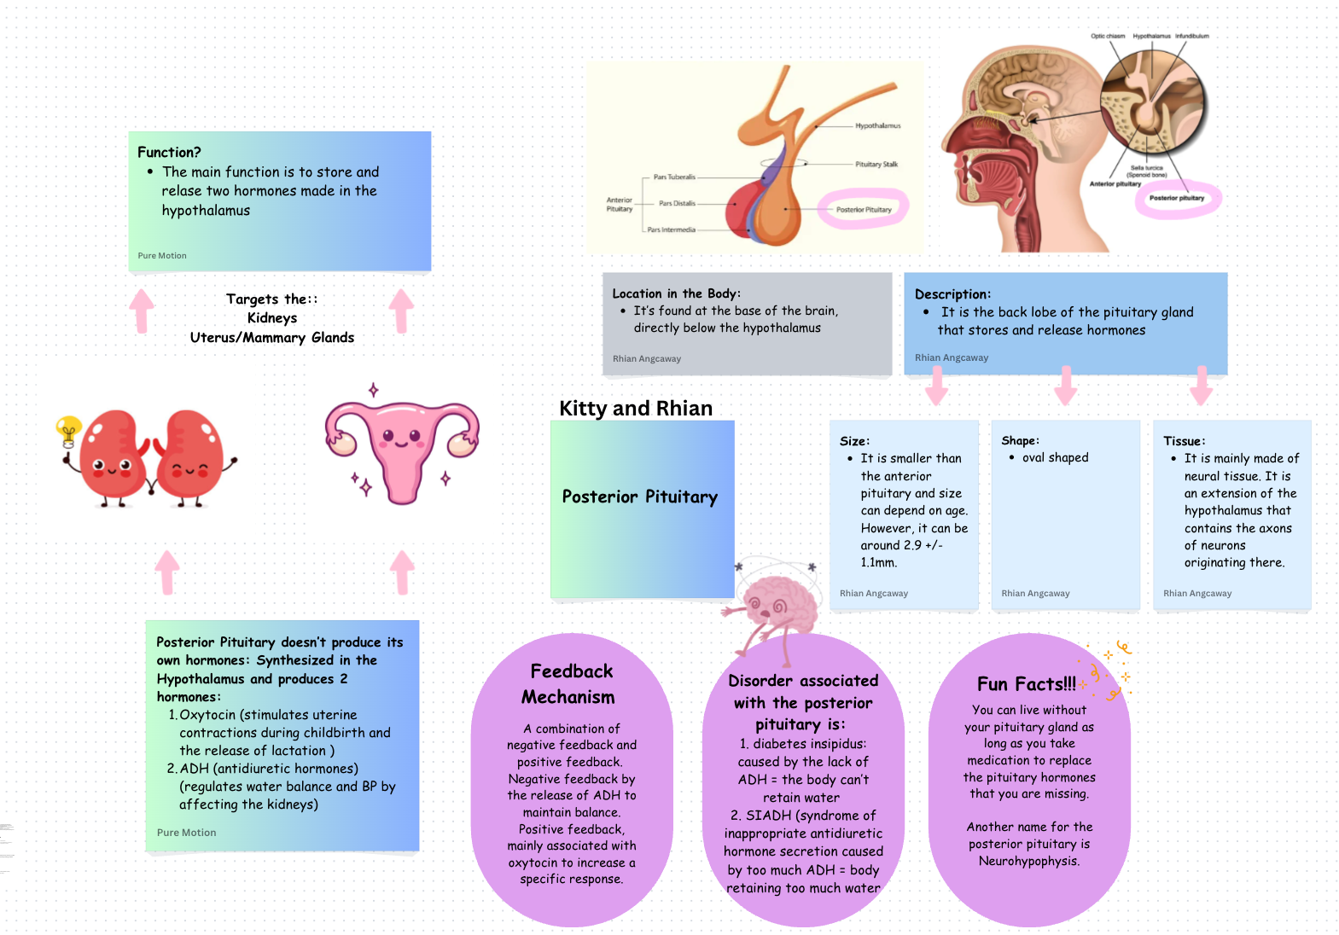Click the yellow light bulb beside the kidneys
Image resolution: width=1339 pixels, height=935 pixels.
click(68, 429)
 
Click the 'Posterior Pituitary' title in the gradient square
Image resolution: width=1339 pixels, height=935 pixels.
click(640, 497)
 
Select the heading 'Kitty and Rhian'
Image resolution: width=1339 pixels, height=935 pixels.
click(636, 409)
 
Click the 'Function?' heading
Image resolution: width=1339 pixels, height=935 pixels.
click(169, 153)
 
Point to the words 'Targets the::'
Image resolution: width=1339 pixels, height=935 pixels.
click(271, 299)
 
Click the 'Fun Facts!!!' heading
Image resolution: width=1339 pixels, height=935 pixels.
click(1026, 684)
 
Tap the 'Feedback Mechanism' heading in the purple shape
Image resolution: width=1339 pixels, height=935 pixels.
click(570, 684)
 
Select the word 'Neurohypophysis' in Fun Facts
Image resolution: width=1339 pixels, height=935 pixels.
click(1028, 862)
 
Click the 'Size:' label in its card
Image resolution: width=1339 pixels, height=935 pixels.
click(854, 441)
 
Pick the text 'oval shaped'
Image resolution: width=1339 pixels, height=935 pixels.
click(1055, 458)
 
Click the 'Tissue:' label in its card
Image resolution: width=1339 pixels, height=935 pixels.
click(1184, 441)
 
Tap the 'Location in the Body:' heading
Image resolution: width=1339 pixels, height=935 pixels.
click(676, 293)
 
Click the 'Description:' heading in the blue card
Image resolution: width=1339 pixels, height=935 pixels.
click(952, 294)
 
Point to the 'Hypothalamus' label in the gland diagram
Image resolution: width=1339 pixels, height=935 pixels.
click(877, 126)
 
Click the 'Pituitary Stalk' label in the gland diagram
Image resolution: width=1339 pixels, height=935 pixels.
click(876, 165)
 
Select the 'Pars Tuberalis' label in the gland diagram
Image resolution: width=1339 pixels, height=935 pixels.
click(674, 177)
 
